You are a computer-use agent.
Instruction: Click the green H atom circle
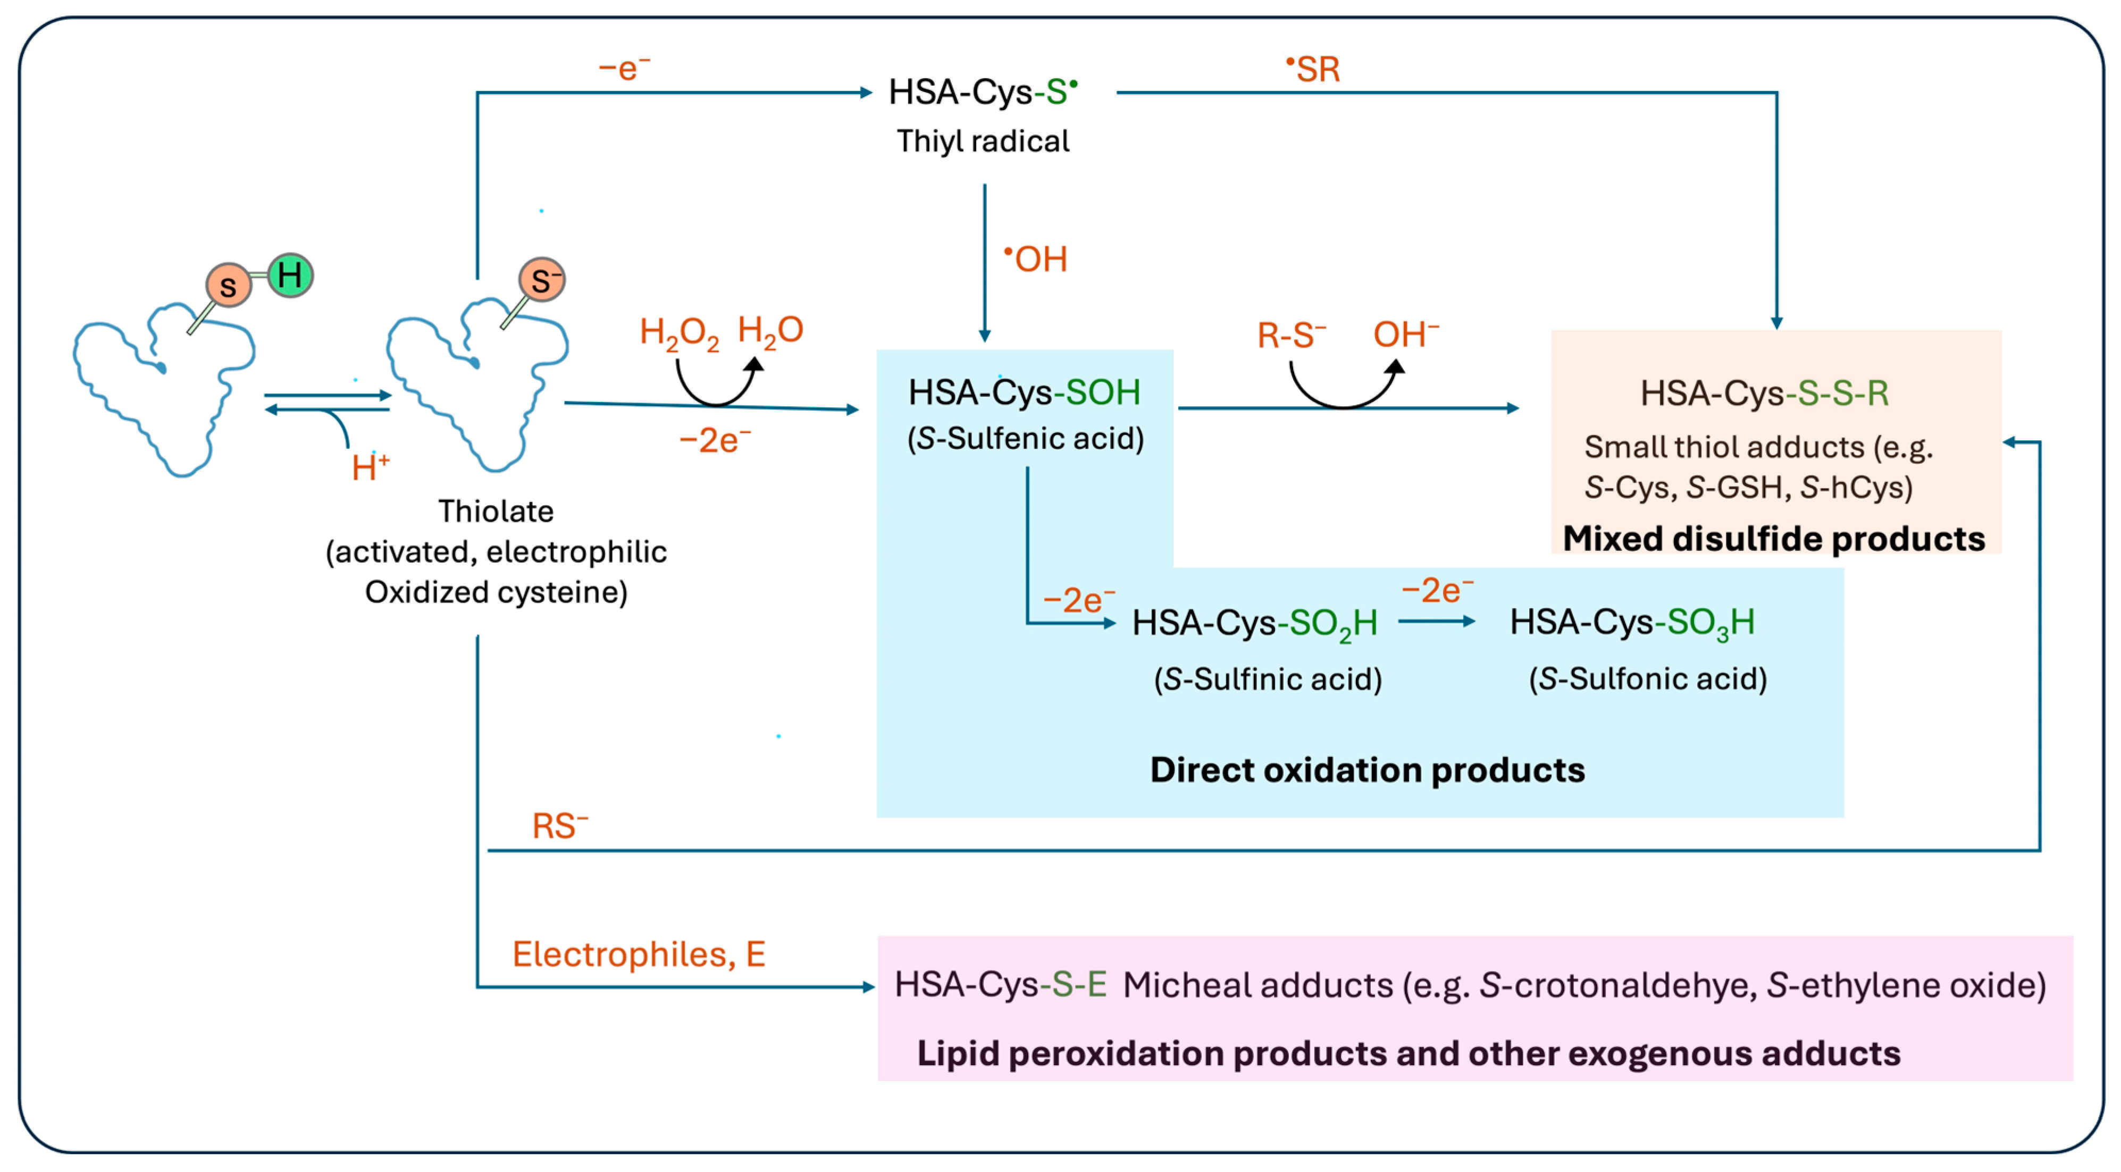(x=290, y=275)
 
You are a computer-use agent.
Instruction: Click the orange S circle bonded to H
(x=228, y=285)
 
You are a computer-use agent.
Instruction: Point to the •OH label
(x=1036, y=258)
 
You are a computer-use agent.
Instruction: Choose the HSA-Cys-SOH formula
(x=1024, y=392)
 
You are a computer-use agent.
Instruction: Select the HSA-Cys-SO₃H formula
(x=1632, y=623)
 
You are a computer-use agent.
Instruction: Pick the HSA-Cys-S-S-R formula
(x=1764, y=393)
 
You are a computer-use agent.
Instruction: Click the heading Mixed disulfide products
(x=1774, y=539)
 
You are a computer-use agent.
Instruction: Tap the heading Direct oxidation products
(x=1367, y=769)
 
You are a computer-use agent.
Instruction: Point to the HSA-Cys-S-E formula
(x=1000, y=984)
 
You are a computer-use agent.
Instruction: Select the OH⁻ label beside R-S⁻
(x=1405, y=334)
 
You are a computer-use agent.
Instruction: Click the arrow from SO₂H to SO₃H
(x=1436, y=621)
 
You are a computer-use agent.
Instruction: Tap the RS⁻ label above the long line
(x=560, y=825)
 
